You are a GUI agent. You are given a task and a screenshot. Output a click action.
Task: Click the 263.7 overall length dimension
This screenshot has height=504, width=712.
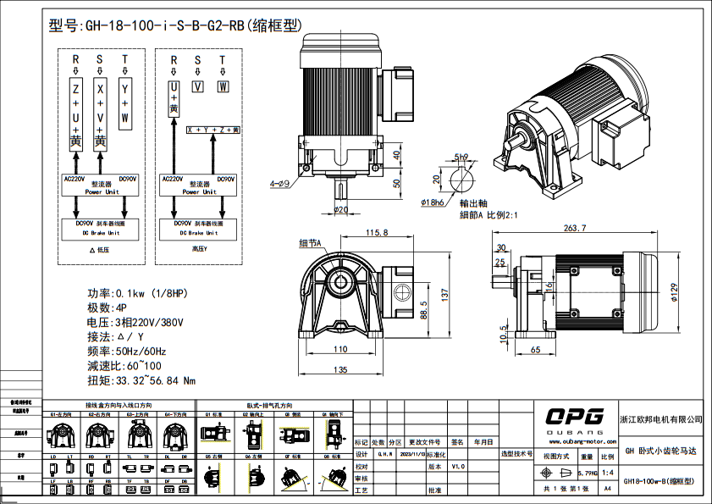pos(574,228)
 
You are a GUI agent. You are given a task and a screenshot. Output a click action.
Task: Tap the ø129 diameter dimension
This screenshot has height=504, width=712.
pos(674,291)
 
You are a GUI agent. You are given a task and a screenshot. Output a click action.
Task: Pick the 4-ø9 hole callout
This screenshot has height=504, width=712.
pos(280,183)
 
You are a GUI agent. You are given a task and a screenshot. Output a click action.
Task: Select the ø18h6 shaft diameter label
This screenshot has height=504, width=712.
pos(435,202)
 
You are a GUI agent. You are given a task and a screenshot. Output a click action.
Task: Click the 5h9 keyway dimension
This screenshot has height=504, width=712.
pos(461,158)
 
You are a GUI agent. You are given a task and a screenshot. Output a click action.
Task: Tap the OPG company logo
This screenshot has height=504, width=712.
pos(574,416)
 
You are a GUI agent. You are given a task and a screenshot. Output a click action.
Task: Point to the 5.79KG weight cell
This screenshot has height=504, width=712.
pos(587,472)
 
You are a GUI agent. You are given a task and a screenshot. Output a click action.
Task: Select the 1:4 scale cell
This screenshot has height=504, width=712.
pos(607,472)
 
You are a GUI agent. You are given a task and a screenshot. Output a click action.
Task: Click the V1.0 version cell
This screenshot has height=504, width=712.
pos(458,466)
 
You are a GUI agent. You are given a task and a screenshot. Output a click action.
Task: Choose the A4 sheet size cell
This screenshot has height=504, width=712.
pos(607,489)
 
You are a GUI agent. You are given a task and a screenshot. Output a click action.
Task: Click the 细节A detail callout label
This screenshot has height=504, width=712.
pos(312,243)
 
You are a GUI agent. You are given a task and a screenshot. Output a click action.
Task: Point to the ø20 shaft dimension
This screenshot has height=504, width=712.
pos(341,209)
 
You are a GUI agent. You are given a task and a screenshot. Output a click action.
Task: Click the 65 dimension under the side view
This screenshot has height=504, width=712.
pos(535,349)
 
